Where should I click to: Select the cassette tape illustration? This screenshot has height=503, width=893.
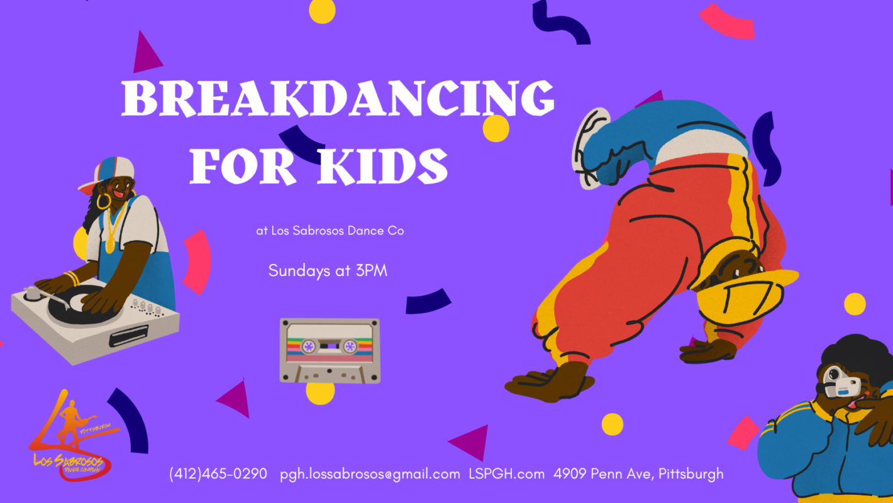pyautogui.click(x=330, y=350)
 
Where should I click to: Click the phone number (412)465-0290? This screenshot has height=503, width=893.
pyautogui.click(x=218, y=473)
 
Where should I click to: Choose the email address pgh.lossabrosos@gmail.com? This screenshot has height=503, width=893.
pyautogui.click(x=370, y=473)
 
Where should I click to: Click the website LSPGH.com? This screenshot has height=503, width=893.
pyautogui.click(x=506, y=473)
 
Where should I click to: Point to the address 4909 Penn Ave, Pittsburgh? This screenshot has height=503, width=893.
pyautogui.click(x=638, y=473)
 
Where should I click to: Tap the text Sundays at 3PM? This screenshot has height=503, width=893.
pyautogui.click(x=328, y=270)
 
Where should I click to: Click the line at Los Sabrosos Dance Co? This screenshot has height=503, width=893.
pyautogui.click(x=330, y=231)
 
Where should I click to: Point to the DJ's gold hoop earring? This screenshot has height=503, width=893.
pyautogui.click(x=103, y=201)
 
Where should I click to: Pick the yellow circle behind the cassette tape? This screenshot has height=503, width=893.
pyautogui.click(x=321, y=391)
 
